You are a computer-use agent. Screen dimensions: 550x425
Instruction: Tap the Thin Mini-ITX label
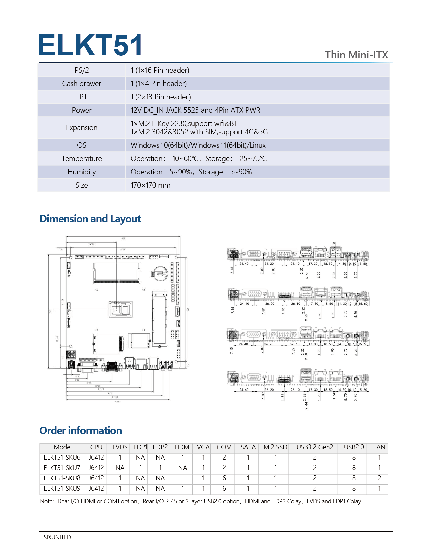(x=356, y=55)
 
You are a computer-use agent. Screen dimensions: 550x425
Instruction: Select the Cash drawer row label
(x=82, y=84)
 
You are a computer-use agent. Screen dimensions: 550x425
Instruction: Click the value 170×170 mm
(x=150, y=185)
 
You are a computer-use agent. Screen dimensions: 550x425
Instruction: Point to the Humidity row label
(x=82, y=172)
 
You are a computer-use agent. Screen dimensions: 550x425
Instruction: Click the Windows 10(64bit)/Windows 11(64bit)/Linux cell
(x=198, y=145)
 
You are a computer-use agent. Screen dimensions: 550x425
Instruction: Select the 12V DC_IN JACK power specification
(x=195, y=110)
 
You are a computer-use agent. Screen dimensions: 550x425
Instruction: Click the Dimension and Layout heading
(x=90, y=219)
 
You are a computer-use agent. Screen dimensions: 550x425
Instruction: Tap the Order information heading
(x=81, y=431)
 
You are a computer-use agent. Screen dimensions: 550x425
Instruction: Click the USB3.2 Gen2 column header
(x=315, y=447)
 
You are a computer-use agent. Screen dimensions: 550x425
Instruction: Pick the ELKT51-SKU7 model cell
(x=62, y=468)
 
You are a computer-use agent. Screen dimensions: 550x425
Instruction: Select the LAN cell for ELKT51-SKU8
(x=379, y=478)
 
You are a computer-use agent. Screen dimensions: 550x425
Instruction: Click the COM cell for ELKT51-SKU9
(x=224, y=489)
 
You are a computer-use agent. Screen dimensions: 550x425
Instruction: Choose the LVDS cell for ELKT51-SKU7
(x=120, y=468)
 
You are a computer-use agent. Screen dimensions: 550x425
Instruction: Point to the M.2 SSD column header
(x=275, y=447)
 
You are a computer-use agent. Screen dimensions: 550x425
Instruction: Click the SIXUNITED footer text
(x=57, y=537)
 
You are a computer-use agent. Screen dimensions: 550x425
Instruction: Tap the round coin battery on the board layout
(x=159, y=273)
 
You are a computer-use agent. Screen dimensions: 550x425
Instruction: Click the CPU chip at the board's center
(x=120, y=309)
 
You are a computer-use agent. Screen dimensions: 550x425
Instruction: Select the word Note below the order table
(x=46, y=502)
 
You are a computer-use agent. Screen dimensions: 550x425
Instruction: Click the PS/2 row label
(x=82, y=70)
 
